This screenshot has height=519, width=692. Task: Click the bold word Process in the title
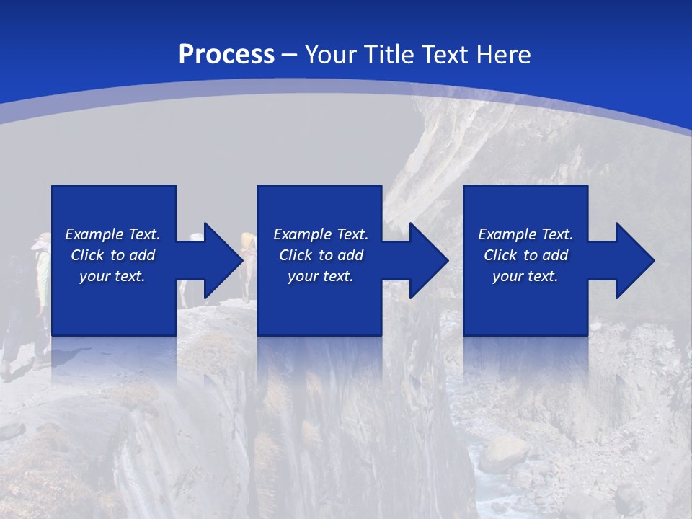pos(226,55)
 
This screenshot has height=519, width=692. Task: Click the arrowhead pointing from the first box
pos(217,260)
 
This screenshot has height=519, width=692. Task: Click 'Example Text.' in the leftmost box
pos(112,234)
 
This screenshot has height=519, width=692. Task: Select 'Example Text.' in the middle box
pos(321,234)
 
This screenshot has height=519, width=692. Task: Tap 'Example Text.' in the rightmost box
pos(525,234)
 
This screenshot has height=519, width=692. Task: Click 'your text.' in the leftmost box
pos(112,276)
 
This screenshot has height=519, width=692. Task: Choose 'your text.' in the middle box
pos(321,276)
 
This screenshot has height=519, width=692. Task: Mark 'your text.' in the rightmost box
pos(525,276)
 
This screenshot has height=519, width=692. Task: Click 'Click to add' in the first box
pos(112,255)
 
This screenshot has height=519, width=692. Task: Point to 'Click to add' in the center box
pos(321,255)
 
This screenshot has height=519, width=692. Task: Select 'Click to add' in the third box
pos(525,255)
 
